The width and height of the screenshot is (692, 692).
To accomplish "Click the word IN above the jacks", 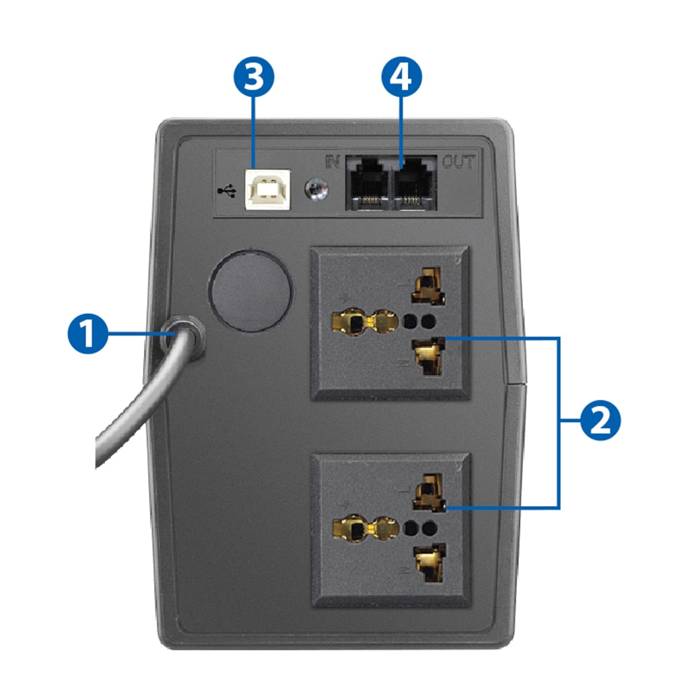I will point(332,162).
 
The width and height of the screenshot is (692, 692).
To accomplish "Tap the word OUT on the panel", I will point(458,162).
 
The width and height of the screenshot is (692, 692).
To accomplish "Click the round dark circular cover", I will point(251,291).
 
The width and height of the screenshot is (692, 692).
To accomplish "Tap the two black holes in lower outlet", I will point(417,526).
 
